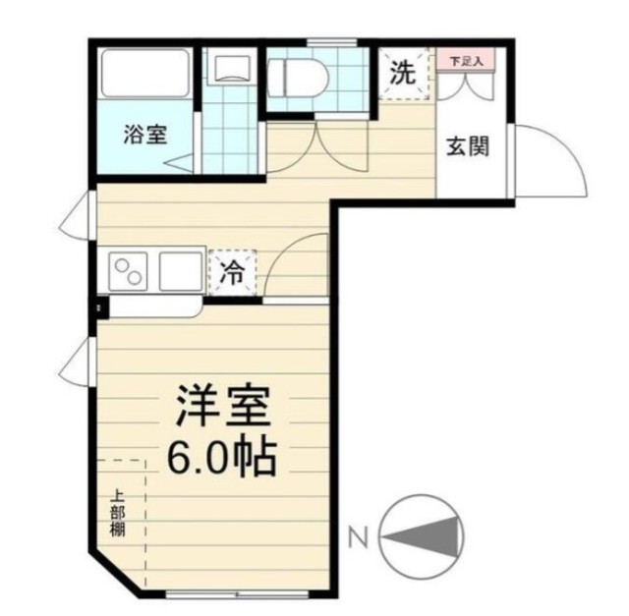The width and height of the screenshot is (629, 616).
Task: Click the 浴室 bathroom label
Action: pos(144,135)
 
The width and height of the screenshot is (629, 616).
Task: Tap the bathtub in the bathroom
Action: pos(144,73)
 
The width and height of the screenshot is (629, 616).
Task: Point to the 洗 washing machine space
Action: pos(404,73)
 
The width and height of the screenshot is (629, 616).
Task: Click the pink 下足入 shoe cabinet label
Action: pos(466,62)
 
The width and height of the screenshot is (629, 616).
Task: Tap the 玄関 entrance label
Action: pos(468,146)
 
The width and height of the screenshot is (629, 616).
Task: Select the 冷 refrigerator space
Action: pos(233,273)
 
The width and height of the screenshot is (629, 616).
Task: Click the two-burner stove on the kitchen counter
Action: pos(129,271)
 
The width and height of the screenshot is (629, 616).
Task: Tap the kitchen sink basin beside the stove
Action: pos(180,271)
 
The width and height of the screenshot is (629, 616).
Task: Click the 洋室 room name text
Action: pos(222,406)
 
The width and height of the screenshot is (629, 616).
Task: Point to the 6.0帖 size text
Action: pos(221,458)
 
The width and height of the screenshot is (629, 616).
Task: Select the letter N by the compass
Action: pos(358,537)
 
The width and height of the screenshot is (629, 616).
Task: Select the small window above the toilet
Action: pos(332,42)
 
